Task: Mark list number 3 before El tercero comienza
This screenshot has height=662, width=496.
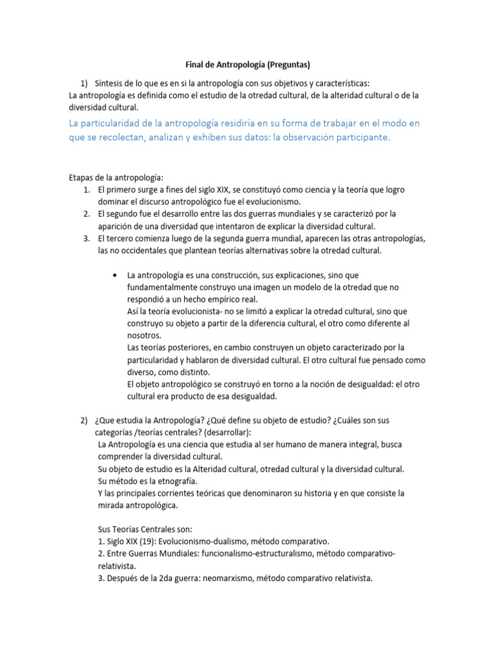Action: click(x=86, y=239)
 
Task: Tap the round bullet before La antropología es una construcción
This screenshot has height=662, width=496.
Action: click(x=114, y=275)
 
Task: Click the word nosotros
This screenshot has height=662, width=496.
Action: click(x=144, y=336)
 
